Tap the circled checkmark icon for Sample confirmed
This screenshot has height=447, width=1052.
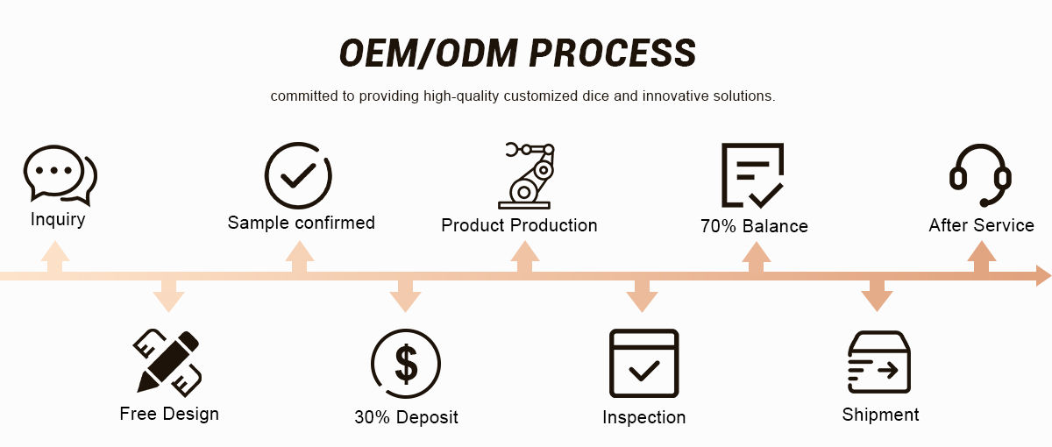point(299,175)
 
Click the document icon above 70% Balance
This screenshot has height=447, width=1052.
point(752,174)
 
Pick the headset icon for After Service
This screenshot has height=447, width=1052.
point(981,175)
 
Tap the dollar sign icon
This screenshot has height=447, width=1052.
point(406,363)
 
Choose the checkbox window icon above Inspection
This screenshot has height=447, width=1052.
point(644,363)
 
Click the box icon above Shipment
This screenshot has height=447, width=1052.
point(878,362)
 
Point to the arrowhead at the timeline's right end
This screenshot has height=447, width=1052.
point(1042,276)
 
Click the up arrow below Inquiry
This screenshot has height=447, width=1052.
point(54,259)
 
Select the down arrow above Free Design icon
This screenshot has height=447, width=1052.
point(168,295)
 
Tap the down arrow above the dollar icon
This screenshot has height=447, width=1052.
point(405,295)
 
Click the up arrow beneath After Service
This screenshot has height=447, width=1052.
point(982,259)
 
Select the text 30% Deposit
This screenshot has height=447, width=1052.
point(406,417)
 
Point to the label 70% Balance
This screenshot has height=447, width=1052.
point(754,226)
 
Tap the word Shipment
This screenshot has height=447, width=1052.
point(880,415)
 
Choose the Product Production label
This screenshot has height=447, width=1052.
point(519,225)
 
